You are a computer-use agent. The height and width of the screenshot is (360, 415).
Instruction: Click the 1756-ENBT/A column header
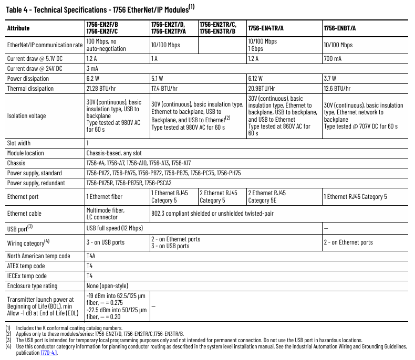[339, 27]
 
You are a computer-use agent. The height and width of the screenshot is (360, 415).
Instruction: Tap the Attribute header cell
[18, 28]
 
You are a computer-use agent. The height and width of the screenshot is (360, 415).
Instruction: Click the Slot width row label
[19, 143]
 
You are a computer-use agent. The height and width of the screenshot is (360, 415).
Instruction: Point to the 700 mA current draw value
[333, 58]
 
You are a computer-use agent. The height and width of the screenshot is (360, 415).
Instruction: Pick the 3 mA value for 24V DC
[93, 68]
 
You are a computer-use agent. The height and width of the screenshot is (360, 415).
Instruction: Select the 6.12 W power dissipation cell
[257, 79]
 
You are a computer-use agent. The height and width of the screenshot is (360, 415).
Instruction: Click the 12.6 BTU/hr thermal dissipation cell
[340, 89]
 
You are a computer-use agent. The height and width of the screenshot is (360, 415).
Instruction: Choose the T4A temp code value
[91, 256]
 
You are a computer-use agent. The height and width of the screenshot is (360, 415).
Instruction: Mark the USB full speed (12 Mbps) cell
[115, 228]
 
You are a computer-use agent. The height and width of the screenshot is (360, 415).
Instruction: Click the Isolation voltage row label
[27, 115]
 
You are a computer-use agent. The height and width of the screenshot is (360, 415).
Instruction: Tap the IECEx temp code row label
[26, 276]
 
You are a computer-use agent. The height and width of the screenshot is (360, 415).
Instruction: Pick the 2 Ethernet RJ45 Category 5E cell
[267, 197]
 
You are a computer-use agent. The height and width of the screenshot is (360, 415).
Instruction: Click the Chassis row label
[16, 163]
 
